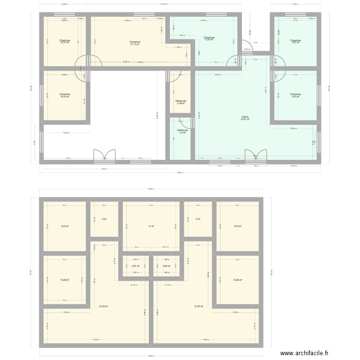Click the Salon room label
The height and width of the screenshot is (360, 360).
(245, 118)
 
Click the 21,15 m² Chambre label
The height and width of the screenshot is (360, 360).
(135, 44)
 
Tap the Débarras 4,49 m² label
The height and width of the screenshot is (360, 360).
(180, 102)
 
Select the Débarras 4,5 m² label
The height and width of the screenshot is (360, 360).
(182, 131)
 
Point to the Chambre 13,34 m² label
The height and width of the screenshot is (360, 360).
(208, 38)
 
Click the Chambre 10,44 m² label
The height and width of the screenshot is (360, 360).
(65, 42)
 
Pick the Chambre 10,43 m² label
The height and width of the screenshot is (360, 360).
(65, 95)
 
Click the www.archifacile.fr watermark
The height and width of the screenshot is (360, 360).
(304, 353)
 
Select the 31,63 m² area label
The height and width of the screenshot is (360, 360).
(103, 306)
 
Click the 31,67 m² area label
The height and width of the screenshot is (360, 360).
(199, 306)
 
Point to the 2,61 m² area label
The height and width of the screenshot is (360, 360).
(135, 266)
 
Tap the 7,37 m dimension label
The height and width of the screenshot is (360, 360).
(96, 340)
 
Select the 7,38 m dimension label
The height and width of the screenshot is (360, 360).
(205, 340)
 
